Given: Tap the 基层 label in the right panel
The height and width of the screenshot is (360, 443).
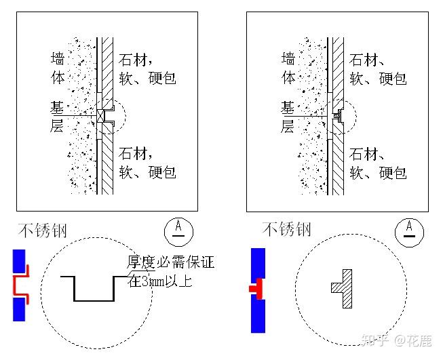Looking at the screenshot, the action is pyautogui.click(x=288, y=116).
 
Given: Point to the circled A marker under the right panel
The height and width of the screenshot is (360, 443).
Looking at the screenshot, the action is pyautogui.click(x=409, y=231).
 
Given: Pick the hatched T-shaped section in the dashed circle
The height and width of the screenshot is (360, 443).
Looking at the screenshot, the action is pyautogui.click(x=343, y=283).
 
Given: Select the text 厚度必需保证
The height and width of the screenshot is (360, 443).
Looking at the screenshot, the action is pyautogui.click(x=170, y=262).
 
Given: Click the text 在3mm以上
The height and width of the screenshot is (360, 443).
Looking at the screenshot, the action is pyautogui.click(x=160, y=279).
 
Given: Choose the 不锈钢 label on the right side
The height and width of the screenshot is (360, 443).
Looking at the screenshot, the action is pyautogui.click(x=286, y=229).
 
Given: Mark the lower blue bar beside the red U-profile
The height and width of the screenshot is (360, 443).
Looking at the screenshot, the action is pyautogui.click(x=19, y=309).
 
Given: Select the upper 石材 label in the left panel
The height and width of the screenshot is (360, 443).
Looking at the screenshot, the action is pyautogui.click(x=136, y=60).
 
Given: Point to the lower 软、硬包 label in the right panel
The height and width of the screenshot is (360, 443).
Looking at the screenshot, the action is pyautogui.click(x=379, y=172).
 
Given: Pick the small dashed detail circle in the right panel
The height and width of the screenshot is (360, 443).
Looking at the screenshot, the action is pyautogui.click(x=343, y=116).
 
